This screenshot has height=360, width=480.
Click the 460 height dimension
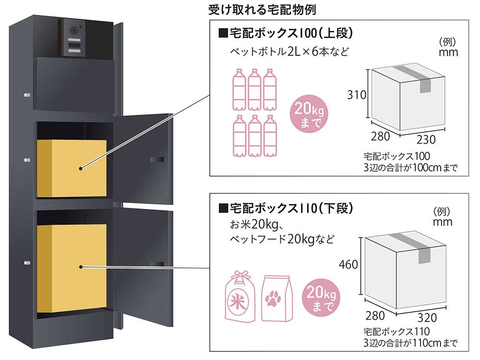(x=348, y=264)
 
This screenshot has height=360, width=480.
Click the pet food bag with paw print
(x=276, y=298)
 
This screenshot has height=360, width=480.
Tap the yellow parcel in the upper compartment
(x=72, y=168)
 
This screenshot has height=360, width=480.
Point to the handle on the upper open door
(x=156, y=159)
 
